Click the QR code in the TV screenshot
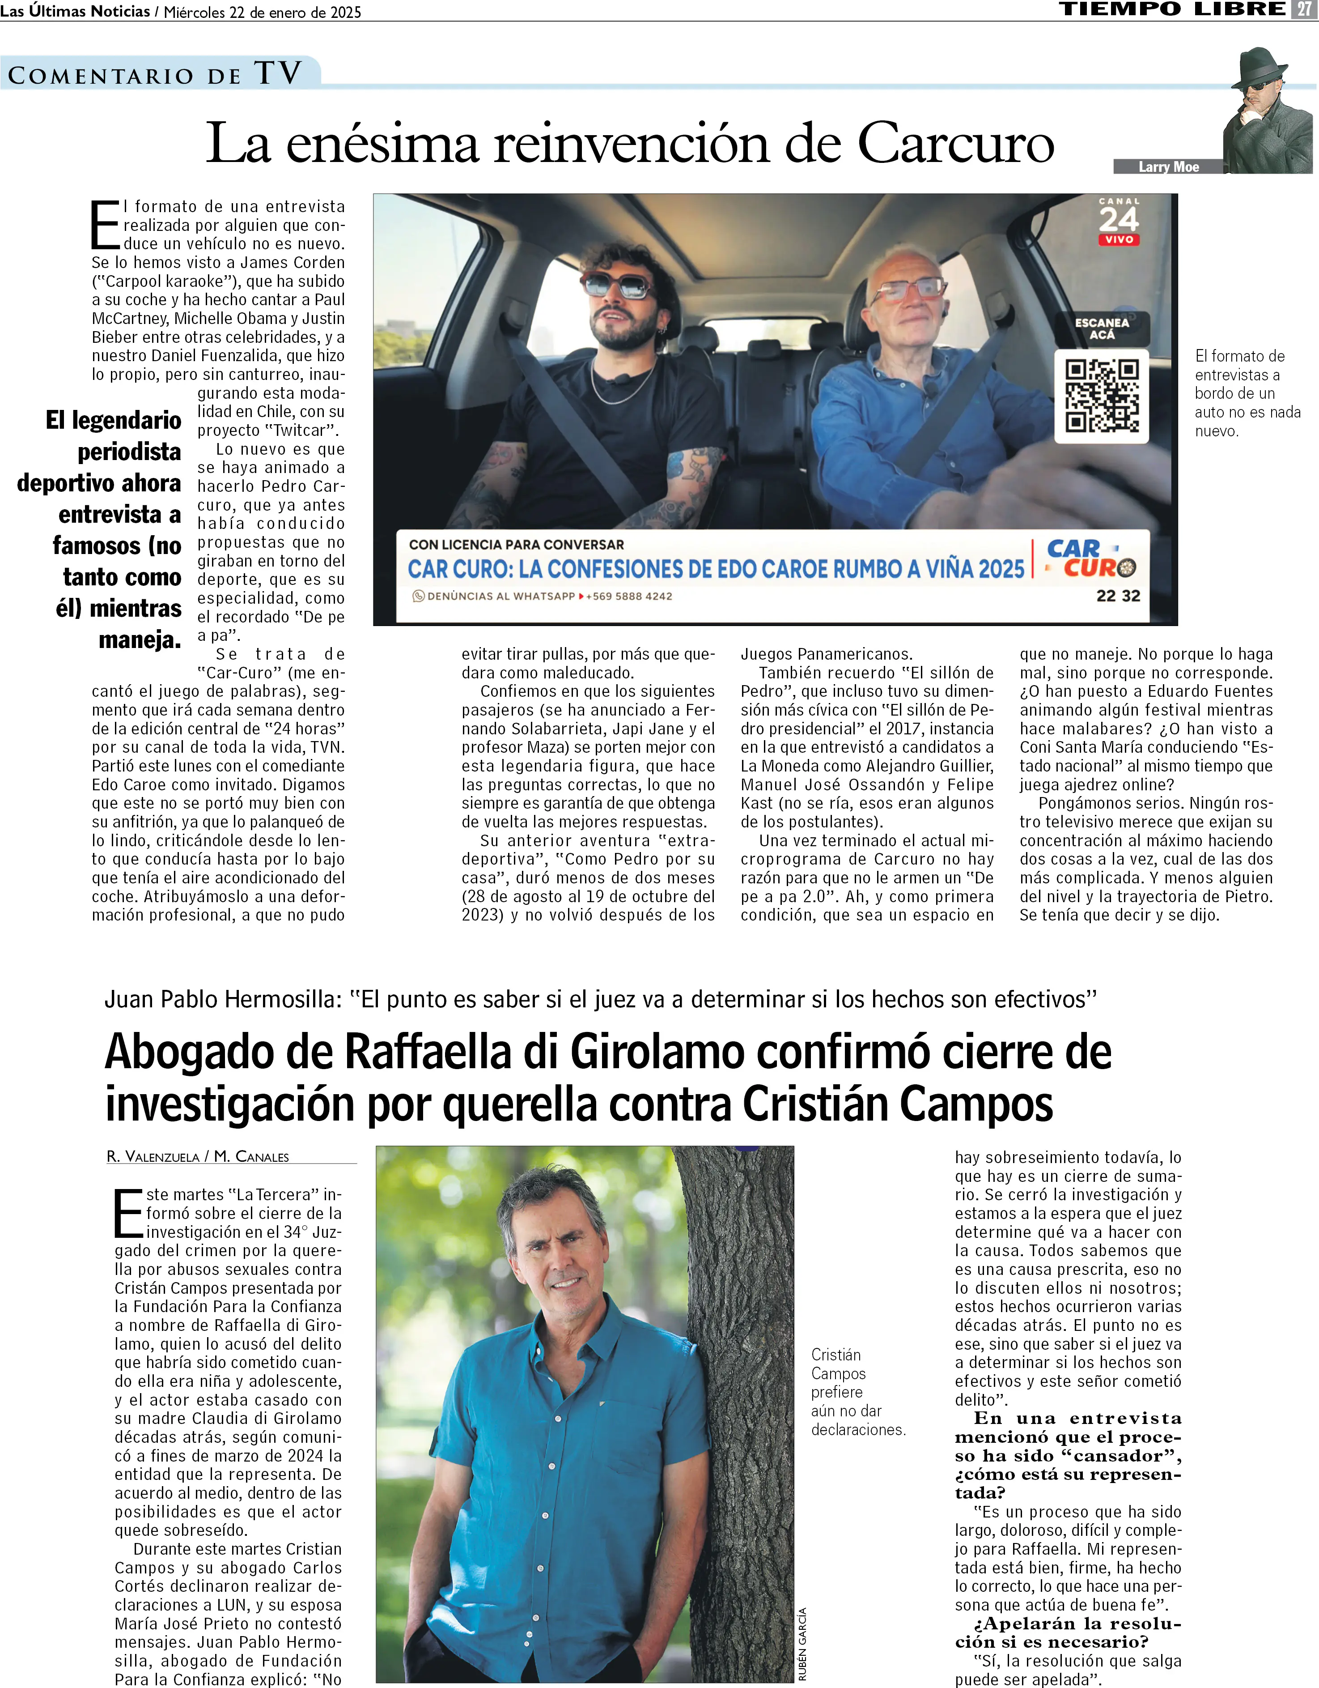tap(1102, 396)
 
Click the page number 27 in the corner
tap(1303, 9)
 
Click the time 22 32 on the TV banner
tap(1118, 596)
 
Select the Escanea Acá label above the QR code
tap(1102, 328)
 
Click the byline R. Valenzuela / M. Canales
tap(198, 1157)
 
